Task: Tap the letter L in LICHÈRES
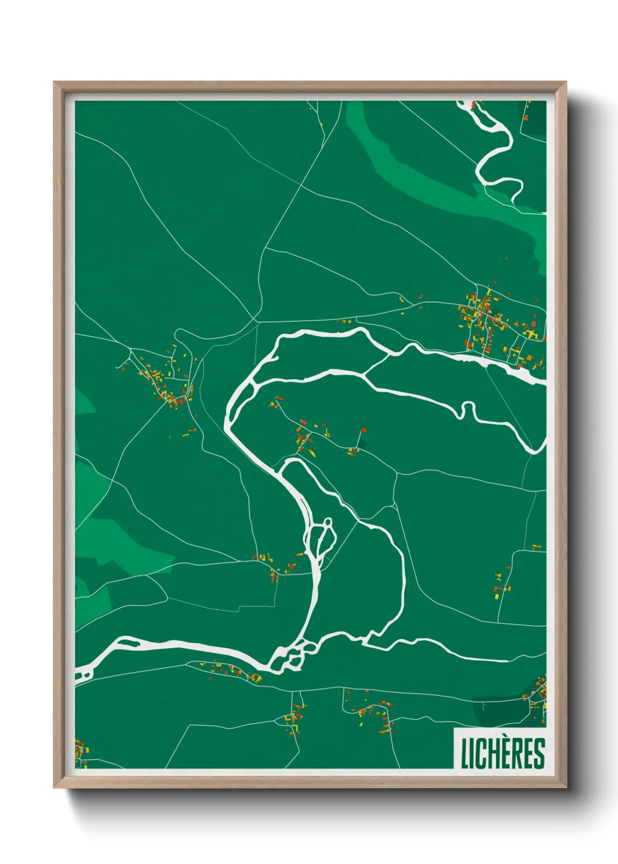pyautogui.click(x=466, y=754)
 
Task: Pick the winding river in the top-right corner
pyautogui.click(x=497, y=152)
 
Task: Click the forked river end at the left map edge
pyautogui.click(x=84, y=675)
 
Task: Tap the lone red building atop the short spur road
pyautogui.click(x=363, y=430)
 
